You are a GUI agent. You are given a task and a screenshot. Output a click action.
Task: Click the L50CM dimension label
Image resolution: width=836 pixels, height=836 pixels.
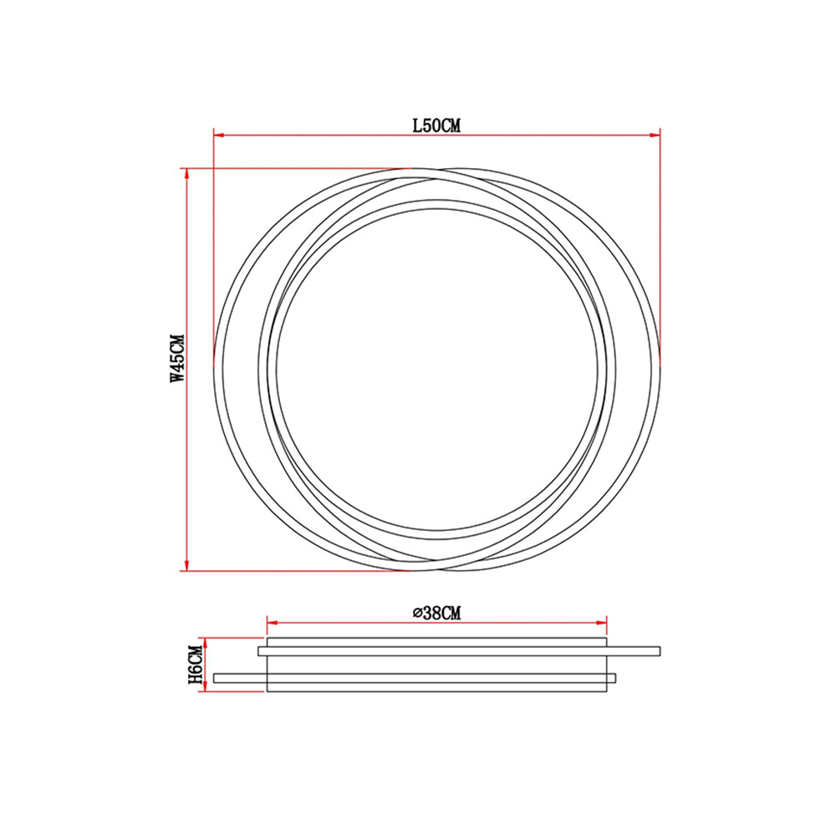point(436,126)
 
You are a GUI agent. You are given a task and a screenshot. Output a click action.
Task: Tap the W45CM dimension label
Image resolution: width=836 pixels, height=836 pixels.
point(177,359)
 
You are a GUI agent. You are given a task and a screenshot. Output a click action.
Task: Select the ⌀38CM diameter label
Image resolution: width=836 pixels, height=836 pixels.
point(437,613)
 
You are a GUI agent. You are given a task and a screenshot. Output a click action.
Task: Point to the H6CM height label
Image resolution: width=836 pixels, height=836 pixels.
point(196,665)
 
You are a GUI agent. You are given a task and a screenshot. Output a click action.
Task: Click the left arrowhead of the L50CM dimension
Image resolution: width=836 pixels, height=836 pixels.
point(218,135)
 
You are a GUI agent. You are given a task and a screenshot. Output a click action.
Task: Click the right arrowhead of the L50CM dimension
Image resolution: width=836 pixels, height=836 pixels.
point(655,135)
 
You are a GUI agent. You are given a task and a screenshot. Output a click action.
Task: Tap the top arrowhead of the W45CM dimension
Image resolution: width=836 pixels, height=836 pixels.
point(186,174)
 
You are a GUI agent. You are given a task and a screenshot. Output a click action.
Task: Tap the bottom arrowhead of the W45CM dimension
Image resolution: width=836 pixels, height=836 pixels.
point(186,565)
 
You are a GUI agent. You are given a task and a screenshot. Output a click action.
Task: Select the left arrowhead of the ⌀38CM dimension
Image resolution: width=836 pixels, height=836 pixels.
point(273,622)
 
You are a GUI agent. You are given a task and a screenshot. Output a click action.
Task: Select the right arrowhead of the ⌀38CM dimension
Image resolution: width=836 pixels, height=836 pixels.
point(601,622)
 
